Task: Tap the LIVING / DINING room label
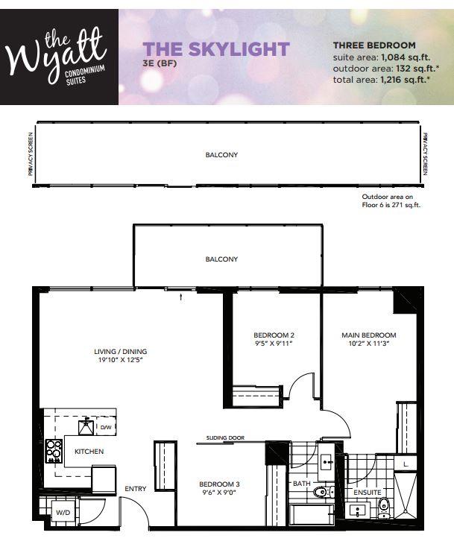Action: click(120, 352)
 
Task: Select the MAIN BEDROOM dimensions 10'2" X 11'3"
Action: click(369, 344)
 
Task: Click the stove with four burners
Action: click(54, 450)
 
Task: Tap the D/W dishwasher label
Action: click(105, 428)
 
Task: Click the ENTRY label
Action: click(136, 489)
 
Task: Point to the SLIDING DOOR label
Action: click(226, 438)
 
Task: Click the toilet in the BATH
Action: click(321, 492)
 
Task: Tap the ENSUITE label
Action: click(367, 493)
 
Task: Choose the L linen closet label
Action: click(405, 464)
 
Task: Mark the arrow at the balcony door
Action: click(182, 297)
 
